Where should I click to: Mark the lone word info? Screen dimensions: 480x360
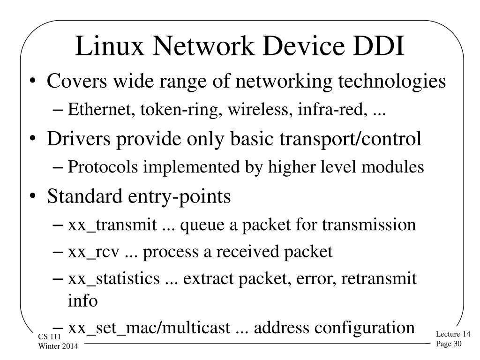point(82,300)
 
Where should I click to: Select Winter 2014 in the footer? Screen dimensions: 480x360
point(58,347)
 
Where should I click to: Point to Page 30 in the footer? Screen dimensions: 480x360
point(449,344)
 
